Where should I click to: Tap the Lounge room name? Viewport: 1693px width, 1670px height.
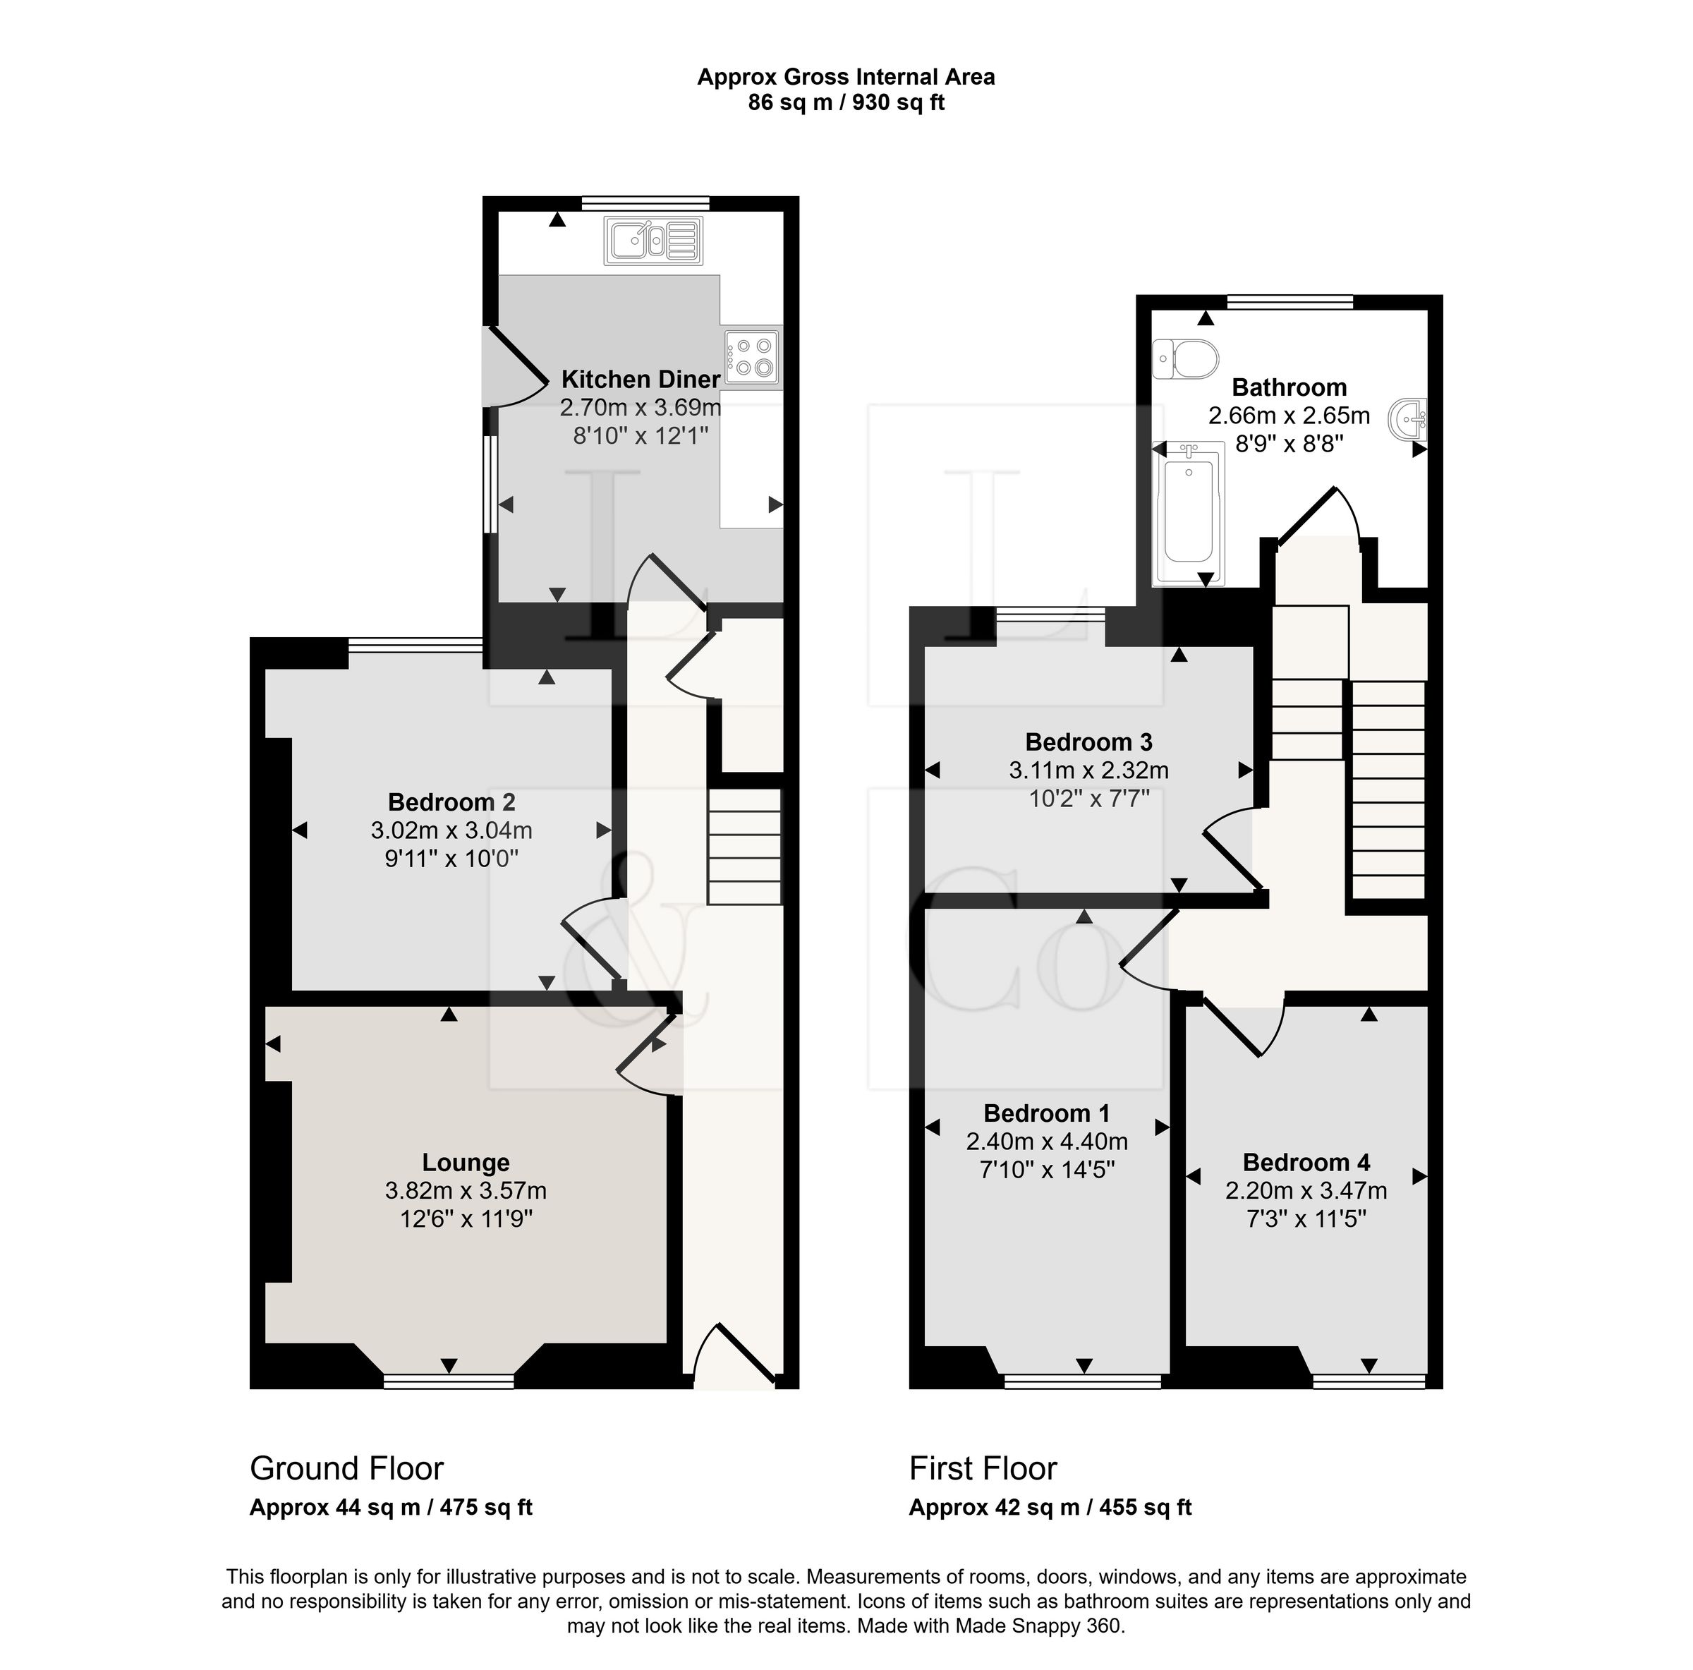pyautogui.click(x=467, y=1163)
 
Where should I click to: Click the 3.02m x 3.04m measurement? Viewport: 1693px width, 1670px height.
pyautogui.click(x=453, y=830)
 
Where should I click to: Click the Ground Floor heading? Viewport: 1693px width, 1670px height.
pyautogui.click(x=348, y=1468)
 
